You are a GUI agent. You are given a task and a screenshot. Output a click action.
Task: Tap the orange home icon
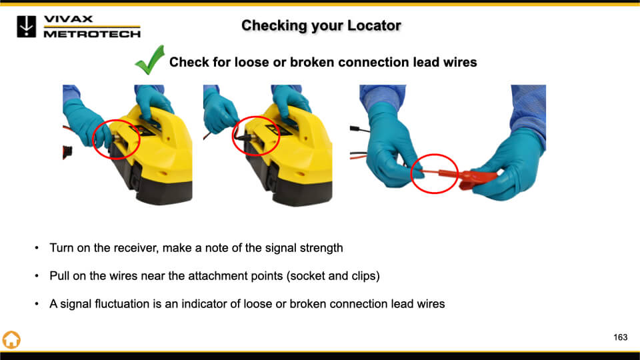[x=11, y=339]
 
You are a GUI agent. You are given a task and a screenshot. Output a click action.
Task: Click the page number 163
[x=621, y=337]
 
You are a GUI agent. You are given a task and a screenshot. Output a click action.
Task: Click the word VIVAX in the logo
[x=68, y=19]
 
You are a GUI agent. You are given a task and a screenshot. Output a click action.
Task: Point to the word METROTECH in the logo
[x=92, y=34]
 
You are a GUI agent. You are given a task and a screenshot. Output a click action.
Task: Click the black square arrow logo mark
[x=27, y=27]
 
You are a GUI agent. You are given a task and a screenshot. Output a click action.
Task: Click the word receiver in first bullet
[x=135, y=248]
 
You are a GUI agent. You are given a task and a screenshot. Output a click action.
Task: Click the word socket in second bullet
[x=307, y=276]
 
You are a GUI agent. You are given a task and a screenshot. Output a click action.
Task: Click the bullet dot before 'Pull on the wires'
[x=37, y=276]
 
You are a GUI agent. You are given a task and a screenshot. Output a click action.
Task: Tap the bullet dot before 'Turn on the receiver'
[x=37, y=248]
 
